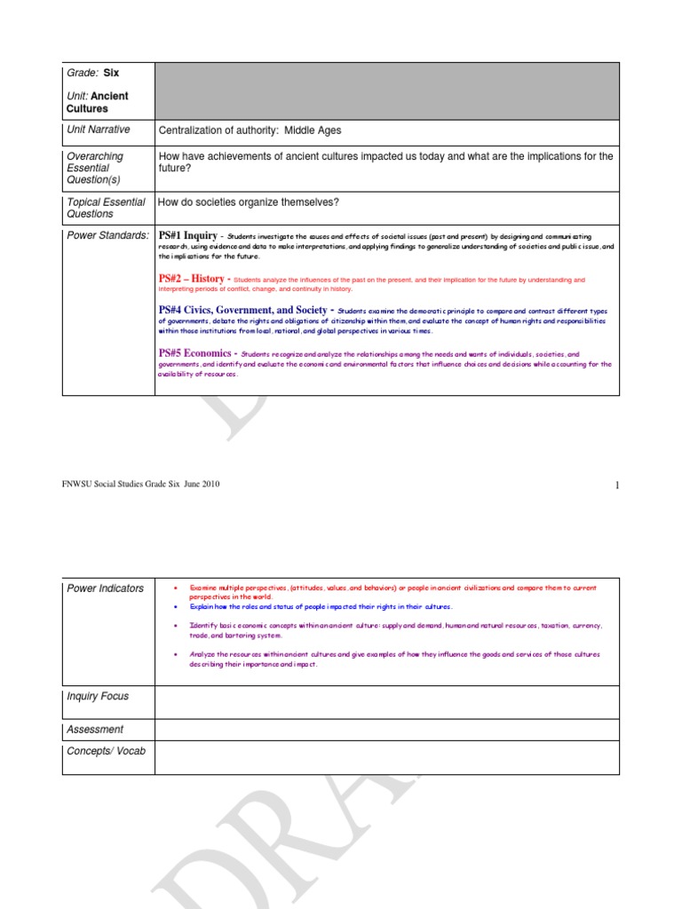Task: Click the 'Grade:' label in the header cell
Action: (83, 74)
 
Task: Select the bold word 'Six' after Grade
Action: (111, 74)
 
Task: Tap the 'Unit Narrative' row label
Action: (99, 130)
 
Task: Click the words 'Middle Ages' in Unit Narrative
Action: (313, 130)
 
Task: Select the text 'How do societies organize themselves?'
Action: (249, 202)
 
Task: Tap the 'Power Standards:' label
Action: (107, 235)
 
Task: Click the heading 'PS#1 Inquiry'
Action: (187, 235)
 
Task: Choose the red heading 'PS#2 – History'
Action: (191, 279)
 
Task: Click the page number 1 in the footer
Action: (615, 485)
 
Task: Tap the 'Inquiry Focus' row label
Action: (98, 697)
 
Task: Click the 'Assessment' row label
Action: (95, 730)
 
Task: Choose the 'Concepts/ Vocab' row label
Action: (106, 752)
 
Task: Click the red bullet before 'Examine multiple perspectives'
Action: (176, 588)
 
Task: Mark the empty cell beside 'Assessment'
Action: (386, 730)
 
